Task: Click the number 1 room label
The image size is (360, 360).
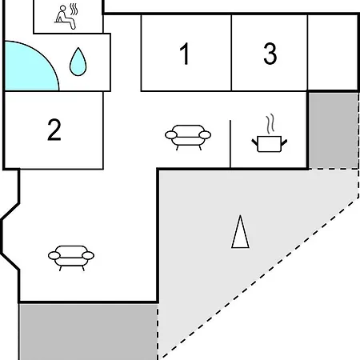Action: pos(185,54)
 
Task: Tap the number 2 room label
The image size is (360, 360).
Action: pos(54,130)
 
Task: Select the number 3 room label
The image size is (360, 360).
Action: pos(270,54)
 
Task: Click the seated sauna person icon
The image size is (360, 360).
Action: pos(66,18)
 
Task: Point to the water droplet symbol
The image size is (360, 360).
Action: pos(78,62)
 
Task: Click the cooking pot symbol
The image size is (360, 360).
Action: pos(270,144)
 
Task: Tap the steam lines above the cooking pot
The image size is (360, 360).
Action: pos(270,124)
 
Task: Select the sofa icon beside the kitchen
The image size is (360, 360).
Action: pos(188,138)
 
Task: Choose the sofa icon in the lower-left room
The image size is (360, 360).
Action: pos(71,258)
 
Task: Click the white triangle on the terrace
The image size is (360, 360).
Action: pos(240,232)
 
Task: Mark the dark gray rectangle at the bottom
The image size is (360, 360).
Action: pos(88,332)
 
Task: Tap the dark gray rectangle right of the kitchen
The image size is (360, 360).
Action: pos(334,130)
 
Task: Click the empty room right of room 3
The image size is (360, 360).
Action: pos(333,53)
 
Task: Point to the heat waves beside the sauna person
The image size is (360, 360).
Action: pos(74,10)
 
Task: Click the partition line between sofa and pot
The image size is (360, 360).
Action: pos(230,144)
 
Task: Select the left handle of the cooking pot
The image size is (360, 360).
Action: pos(255,142)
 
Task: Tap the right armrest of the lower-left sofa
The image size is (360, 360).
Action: pos(88,256)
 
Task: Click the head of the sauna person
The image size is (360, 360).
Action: pos(62,8)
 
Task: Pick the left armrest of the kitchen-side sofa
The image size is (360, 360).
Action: pos(171,135)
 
